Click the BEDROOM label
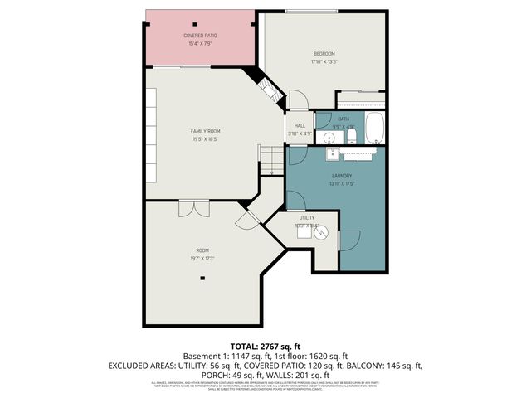tap(324, 54)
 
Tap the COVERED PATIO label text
tap(199, 36)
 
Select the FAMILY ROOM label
tap(205, 131)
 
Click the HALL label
tap(300, 126)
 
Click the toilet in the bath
tap(351, 135)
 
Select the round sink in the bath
tap(329, 137)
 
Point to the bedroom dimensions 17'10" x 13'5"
tap(324, 61)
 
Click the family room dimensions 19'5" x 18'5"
tap(205, 138)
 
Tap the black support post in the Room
tap(202, 278)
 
